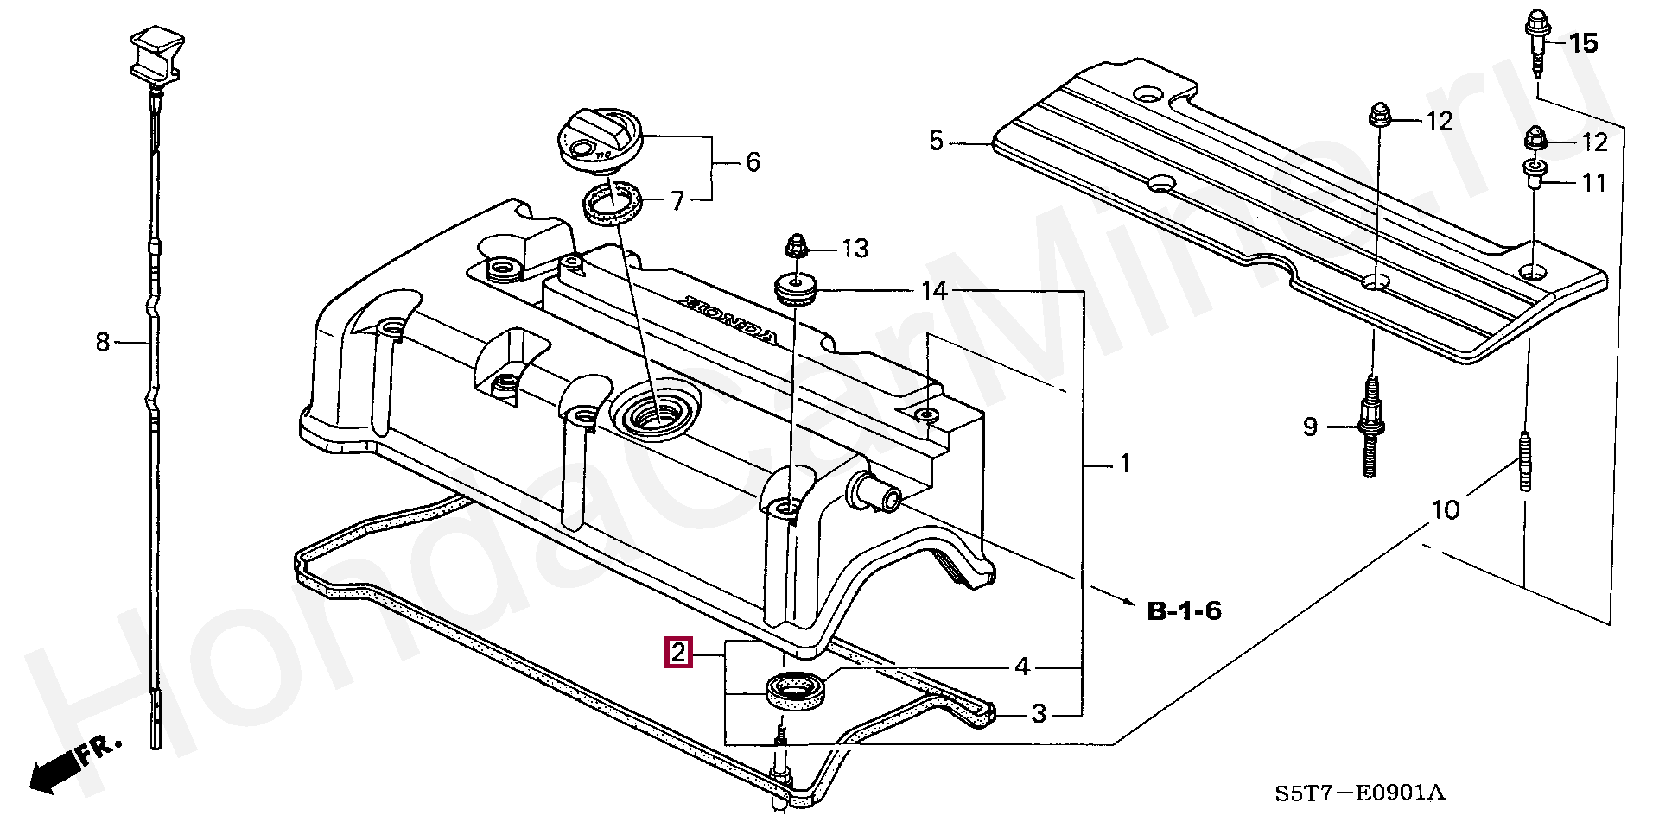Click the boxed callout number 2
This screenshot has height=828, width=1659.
(x=677, y=653)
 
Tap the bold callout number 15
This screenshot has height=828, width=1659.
(x=1584, y=43)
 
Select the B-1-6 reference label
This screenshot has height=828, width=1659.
(x=1184, y=611)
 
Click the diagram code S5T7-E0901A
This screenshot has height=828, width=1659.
(x=1359, y=792)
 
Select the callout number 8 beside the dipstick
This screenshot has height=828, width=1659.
(x=103, y=344)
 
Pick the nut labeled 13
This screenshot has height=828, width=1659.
(x=796, y=249)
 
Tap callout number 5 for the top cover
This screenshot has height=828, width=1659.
(x=937, y=141)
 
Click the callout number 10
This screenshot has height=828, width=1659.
(x=1445, y=510)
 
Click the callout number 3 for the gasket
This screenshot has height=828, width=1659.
(x=1039, y=714)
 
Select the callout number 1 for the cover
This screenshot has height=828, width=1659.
(x=1125, y=465)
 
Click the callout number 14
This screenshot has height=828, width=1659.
(x=934, y=291)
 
